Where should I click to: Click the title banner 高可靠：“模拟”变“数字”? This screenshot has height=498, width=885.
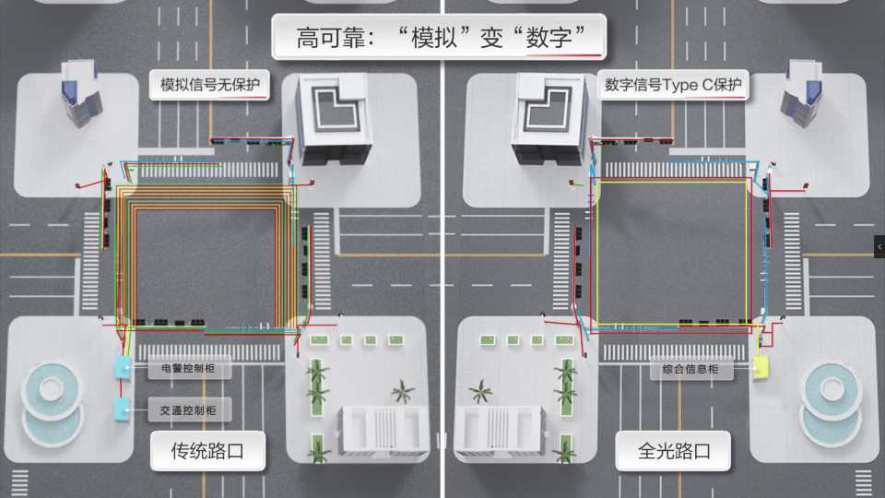(439, 37)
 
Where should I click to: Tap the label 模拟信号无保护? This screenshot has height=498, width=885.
(210, 85)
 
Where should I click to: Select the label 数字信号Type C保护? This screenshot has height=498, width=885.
(673, 85)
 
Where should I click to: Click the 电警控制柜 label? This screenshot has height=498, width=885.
(188, 368)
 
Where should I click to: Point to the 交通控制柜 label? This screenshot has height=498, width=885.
(188, 410)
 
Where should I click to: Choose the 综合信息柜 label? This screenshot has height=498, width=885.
(690, 369)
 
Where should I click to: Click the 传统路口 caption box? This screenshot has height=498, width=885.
(207, 451)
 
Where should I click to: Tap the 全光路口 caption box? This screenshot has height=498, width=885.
(673, 451)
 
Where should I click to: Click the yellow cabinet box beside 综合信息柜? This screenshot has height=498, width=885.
(761, 367)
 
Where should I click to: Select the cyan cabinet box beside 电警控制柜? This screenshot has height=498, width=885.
(123, 368)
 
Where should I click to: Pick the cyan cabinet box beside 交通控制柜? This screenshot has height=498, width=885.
(122, 409)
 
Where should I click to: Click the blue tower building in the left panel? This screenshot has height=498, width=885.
(81, 92)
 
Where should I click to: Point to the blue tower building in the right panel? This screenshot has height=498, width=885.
(801, 92)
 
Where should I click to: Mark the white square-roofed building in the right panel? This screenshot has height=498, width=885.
(549, 120)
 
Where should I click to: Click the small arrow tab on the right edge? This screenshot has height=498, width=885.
(879, 247)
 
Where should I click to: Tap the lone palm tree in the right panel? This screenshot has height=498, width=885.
(481, 391)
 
